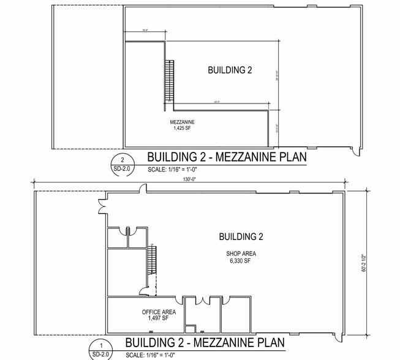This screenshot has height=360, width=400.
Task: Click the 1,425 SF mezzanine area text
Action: [x=182, y=129]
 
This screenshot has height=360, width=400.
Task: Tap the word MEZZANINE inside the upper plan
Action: [x=182, y=122]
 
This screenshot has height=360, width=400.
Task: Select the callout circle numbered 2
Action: [x=122, y=157]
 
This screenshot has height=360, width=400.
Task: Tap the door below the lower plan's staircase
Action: [x=145, y=291]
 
